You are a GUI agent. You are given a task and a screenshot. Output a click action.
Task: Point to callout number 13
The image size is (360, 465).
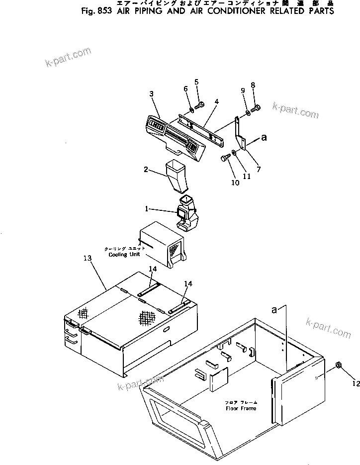[88, 259]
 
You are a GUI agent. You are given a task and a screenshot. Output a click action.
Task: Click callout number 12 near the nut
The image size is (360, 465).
[355, 383]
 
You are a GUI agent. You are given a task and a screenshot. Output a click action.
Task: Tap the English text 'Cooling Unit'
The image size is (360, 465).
[125, 254]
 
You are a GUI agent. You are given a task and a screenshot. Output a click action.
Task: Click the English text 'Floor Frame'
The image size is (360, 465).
[241, 408]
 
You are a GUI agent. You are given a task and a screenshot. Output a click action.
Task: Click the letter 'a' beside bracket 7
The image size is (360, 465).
[264, 139]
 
